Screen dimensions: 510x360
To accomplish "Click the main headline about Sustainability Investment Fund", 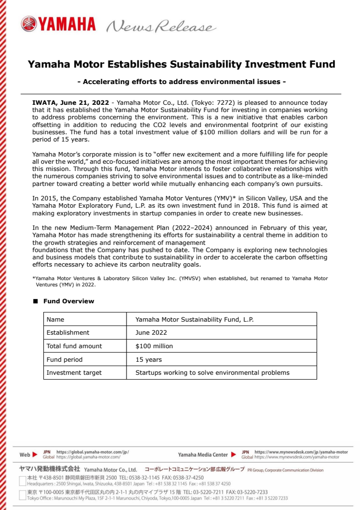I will point(181,64).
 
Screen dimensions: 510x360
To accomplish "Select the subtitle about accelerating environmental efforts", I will point(181,82).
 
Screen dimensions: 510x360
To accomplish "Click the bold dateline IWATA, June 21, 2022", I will point(70,103).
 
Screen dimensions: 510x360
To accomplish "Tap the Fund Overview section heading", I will point(69,301).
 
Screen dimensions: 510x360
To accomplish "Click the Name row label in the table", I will point(55,319).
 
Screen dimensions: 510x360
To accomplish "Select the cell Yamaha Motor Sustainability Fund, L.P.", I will point(194,319).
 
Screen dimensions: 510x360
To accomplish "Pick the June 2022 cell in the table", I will point(151,333).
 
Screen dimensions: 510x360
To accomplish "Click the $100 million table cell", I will point(154,346).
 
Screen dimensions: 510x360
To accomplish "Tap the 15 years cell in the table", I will point(149,360).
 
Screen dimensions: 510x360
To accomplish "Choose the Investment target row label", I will point(74,373).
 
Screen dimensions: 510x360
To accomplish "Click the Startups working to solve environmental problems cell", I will point(212,373).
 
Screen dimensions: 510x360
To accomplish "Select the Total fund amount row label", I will point(74,346).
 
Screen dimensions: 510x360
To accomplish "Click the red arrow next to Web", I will point(35,454).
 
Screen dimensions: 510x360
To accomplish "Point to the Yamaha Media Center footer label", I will point(203,454).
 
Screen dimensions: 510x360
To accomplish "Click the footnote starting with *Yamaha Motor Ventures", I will point(180,281).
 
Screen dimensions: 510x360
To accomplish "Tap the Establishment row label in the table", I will point(68,333).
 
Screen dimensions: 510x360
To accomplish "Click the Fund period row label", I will point(64,360).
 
